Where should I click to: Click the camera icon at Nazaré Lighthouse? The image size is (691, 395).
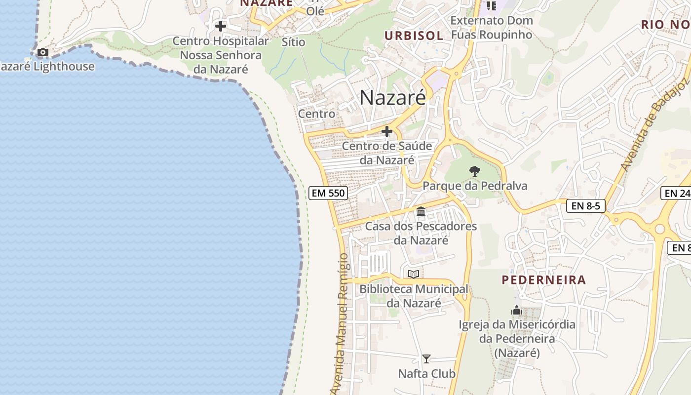(43, 52)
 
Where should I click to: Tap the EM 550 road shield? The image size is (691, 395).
(328, 193)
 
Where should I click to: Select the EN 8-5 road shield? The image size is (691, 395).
(585, 206)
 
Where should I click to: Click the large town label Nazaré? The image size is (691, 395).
(392, 97)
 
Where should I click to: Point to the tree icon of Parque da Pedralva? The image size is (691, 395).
(474, 171)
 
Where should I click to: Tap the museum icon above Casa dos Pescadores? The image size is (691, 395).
(421, 212)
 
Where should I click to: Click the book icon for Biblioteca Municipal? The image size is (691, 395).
(414, 274)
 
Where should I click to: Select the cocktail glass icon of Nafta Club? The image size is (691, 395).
(426, 359)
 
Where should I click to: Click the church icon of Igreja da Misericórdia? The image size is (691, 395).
(517, 310)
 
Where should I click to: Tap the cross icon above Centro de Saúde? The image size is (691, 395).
(387, 131)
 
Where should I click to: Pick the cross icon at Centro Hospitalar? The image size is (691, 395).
(221, 26)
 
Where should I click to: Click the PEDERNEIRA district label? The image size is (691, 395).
(544, 280)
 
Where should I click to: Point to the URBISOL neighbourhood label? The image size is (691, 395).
(414, 35)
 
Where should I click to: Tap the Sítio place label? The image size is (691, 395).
(294, 42)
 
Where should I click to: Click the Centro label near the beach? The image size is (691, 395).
(316, 114)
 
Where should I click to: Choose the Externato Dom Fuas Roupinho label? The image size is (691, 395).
(492, 28)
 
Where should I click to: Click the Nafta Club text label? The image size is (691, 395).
(427, 374)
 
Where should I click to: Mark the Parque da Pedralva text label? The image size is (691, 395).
(475, 186)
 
